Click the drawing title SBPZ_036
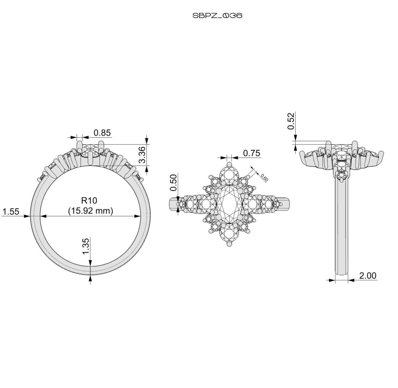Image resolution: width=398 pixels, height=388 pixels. [x=217, y=16]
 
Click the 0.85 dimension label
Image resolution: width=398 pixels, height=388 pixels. [x=102, y=133]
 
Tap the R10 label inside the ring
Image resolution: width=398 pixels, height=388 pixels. [x=89, y=200]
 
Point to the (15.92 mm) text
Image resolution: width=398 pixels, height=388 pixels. [x=90, y=211]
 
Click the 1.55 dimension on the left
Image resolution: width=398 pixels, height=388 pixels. [x=10, y=212]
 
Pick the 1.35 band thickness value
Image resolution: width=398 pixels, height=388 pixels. [x=86, y=246]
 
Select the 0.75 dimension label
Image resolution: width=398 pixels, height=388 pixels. [x=251, y=153]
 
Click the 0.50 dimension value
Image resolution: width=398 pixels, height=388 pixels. [x=174, y=182]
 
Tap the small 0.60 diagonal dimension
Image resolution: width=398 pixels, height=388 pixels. [x=264, y=177]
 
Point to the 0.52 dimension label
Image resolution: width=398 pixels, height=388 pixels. [x=291, y=121]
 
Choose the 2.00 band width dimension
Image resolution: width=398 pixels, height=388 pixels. [x=368, y=276]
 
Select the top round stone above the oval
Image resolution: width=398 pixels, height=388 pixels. [x=229, y=176]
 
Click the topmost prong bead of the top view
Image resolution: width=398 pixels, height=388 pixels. [x=229, y=164]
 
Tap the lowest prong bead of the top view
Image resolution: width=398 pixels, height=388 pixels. [x=229, y=244]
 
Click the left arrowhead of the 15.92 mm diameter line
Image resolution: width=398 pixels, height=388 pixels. [x=43, y=216]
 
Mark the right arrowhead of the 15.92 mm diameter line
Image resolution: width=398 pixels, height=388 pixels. [x=138, y=216]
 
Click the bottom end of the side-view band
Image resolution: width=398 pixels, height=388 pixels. [x=341, y=275]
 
